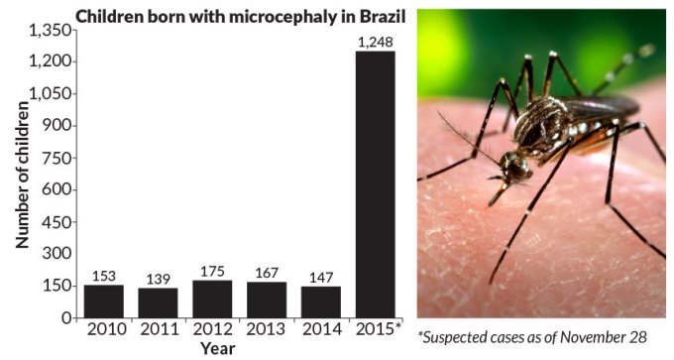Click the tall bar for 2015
[375, 183]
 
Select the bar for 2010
[103, 300]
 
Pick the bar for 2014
[320, 301]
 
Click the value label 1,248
[375, 43]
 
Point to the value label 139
[158, 279]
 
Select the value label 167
[267, 273]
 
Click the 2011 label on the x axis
[158, 329]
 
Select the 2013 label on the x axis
[267, 329]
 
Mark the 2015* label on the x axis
[377, 329]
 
